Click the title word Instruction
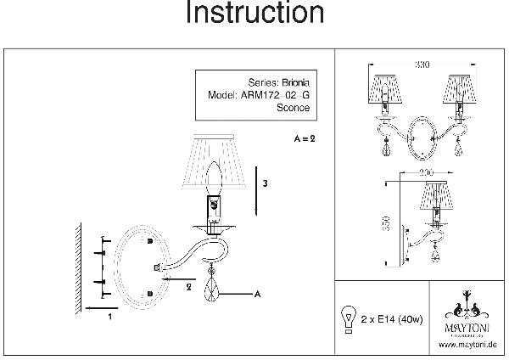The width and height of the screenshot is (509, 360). tap(254, 14)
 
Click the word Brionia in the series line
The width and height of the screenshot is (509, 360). tap(295, 83)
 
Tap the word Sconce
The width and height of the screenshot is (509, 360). tap(294, 108)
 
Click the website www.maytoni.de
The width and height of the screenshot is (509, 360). tap(467, 345)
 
